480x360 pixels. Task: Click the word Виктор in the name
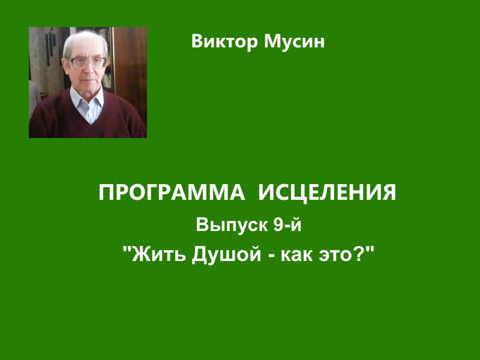[x=224, y=41]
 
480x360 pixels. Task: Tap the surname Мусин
[x=294, y=41]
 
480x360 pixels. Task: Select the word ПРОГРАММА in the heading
[x=172, y=192]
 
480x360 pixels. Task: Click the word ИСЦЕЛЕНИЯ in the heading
[x=327, y=193]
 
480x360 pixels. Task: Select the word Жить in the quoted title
[x=159, y=254]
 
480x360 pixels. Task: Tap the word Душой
[x=227, y=254]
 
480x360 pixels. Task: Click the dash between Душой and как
[x=271, y=257]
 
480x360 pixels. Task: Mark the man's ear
[x=64, y=66]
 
